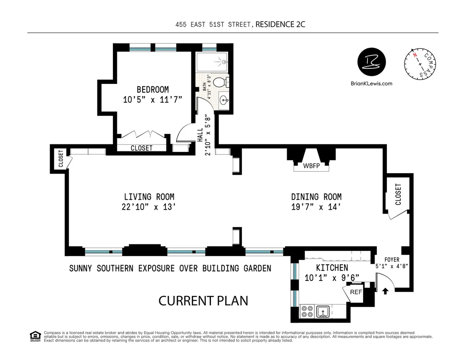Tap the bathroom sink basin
224,101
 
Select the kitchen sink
323,311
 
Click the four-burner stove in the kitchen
308,311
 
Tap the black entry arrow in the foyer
385,290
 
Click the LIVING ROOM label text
149,197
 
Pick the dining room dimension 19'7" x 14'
316,207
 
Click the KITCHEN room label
332,268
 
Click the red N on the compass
415,55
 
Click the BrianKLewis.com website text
371,83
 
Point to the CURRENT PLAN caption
203,300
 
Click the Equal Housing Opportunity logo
35,336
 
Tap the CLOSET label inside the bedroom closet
141,148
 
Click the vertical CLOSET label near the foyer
398,194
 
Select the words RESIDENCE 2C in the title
278,25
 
